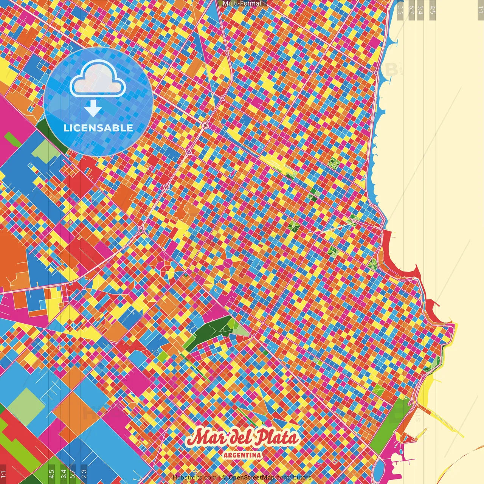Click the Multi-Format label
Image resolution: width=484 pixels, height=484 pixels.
click(242, 3)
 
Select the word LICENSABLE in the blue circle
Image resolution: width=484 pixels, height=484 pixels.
click(98, 128)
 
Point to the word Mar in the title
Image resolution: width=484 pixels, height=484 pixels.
click(207, 438)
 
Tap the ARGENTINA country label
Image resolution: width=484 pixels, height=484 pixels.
click(242, 455)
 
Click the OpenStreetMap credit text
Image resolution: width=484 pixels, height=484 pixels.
click(251, 478)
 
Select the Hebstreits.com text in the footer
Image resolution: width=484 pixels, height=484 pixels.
click(194, 478)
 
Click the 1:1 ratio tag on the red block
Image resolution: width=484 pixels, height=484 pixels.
click(3, 473)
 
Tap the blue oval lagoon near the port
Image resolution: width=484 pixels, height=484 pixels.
click(379, 469)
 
